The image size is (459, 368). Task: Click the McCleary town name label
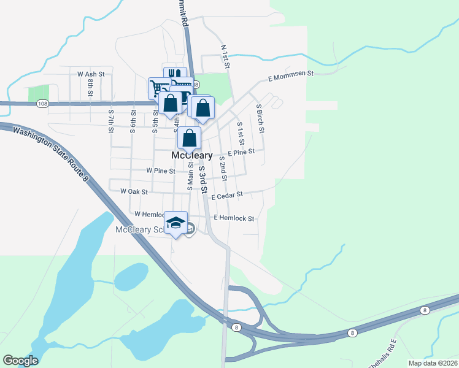coord(191,156)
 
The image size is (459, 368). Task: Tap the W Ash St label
coord(91,74)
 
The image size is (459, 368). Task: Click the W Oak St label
coord(134,191)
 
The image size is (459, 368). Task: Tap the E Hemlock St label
coord(234,218)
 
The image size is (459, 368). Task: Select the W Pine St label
coord(161,171)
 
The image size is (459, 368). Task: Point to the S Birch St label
coord(260,118)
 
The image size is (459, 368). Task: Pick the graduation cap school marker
coord(175,223)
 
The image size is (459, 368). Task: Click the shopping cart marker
coord(158,88)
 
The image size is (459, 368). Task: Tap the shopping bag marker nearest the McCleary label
coord(190,138)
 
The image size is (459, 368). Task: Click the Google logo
coord(20,361)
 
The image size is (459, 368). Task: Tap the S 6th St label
coord(133,120)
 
